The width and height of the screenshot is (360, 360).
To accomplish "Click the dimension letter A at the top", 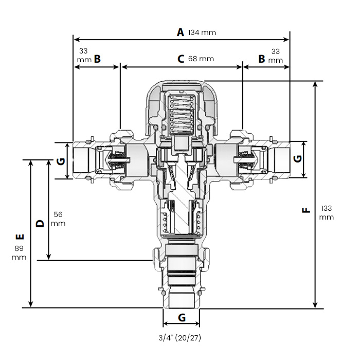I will [180, 32].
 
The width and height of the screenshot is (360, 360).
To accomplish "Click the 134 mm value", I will [202, 32].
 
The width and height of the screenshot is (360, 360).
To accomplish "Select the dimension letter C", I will [181, 59].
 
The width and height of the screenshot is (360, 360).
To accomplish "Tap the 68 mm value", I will [201, 59].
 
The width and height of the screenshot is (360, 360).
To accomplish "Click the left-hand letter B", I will [97, 59].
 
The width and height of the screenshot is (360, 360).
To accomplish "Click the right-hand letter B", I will [261, 59].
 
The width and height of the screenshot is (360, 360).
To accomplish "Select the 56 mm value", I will [58, 219].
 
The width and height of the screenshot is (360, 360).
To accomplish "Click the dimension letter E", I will [20, 238].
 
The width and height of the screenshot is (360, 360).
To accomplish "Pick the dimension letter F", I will [306, 210].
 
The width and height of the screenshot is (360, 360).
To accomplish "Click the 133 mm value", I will [327, 212].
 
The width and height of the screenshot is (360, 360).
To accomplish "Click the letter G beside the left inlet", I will [61, 160].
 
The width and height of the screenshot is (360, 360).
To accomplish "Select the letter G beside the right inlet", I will [297, 158].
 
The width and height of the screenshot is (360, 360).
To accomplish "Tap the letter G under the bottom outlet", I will [182, 318].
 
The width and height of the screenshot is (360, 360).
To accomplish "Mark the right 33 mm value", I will [276, 55].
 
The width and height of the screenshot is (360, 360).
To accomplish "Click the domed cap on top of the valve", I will [182, 93].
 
